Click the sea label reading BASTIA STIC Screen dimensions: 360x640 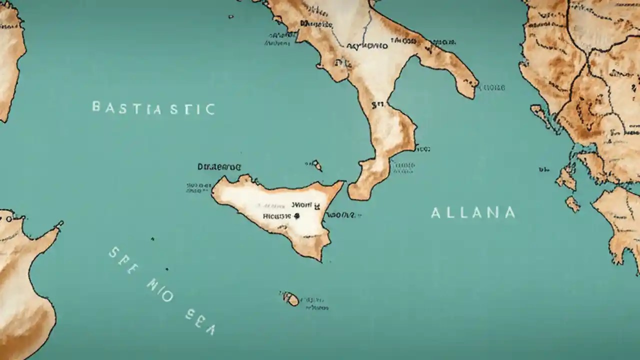(x=153, y=108)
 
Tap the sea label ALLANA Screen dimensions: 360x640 (x=473, y=213)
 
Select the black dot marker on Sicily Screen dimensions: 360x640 (x=296, y=216)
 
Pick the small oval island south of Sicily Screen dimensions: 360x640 (x=290, y=298)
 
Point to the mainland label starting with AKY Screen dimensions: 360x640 (x=367, y=46)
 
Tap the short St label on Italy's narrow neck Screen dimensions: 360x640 (x=378, y=105)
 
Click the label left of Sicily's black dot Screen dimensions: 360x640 (x=276, y=216)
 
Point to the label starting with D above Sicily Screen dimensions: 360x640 (x=219, y=166)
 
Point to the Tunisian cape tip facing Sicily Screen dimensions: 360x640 (x=60, y=224)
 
